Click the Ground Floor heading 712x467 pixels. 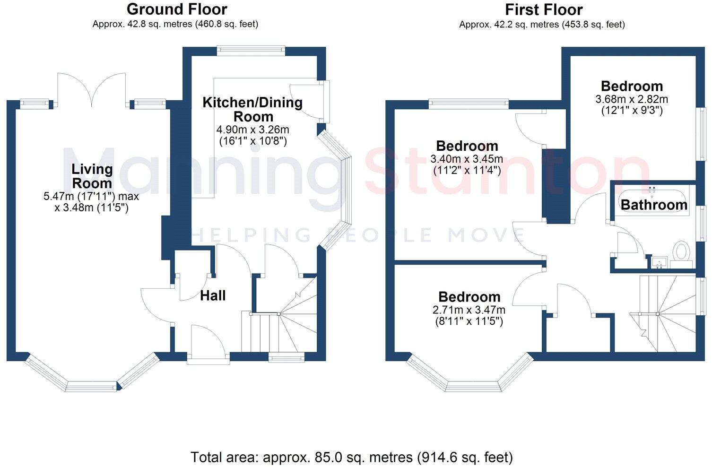177,9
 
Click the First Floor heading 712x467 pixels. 544,9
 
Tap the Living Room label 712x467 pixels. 92,176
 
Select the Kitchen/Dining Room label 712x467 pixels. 252,109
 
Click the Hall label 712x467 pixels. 213,296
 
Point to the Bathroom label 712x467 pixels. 654,205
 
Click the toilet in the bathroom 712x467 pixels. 681,252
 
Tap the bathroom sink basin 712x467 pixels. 659,261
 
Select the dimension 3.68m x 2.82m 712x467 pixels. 632,99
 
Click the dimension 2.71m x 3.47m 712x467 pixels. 469,310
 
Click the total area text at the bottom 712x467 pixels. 352,457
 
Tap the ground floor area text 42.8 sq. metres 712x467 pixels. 175,24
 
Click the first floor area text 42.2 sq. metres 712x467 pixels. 542,24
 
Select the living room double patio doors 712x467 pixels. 92,90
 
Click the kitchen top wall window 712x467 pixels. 251,51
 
